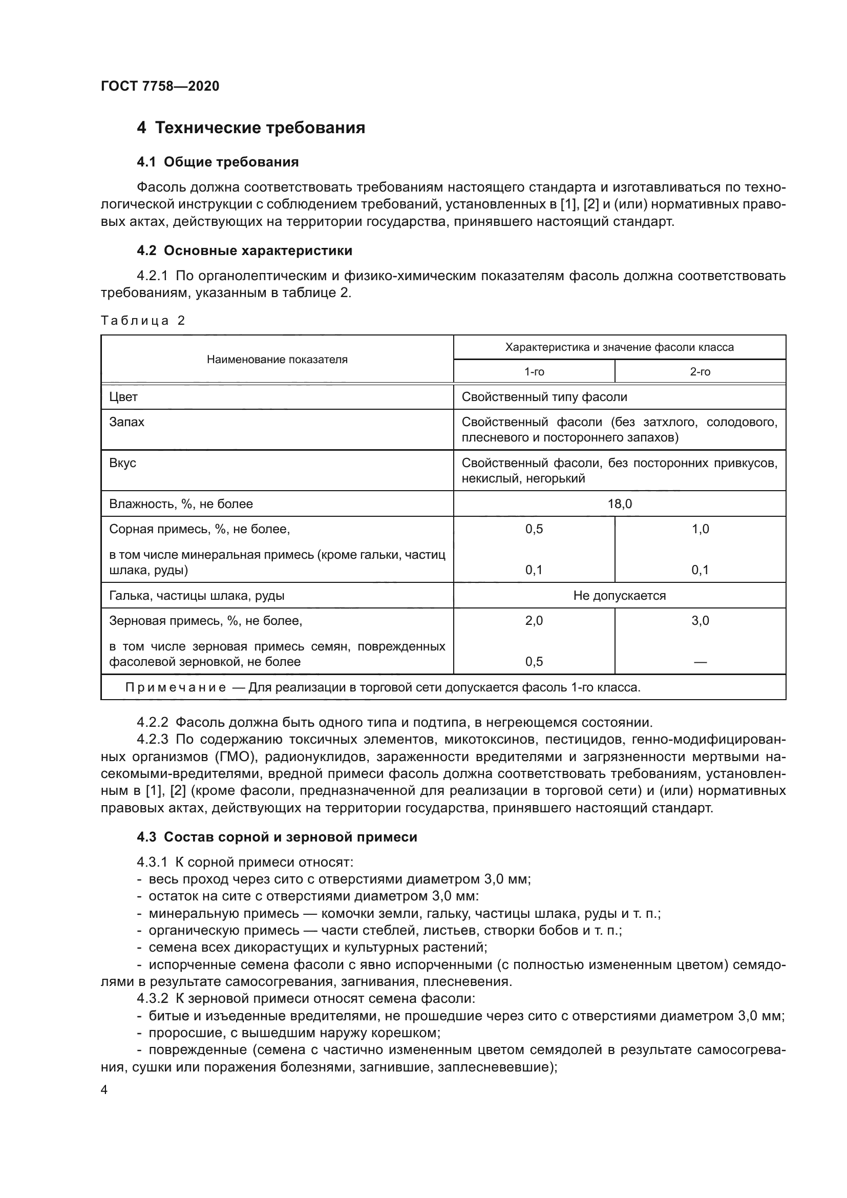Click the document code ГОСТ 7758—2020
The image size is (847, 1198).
coord(160,86)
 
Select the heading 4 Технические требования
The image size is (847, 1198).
coord(251,128)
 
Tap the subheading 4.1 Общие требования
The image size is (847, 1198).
coord(218,162)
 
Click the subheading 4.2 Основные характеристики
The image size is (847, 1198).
coord(244,251)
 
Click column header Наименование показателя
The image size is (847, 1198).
coord(277,360)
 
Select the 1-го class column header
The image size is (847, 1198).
coord(534,371)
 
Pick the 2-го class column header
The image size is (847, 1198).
coord(700,371)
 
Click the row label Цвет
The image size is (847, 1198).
coord(123,397)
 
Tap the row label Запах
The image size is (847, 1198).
coord(126,422)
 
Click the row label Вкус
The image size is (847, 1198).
coord(122,464)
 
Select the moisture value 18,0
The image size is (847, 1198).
coord(620,504)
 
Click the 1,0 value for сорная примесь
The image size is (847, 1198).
coord(700,529)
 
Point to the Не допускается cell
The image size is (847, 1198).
coord(620,596)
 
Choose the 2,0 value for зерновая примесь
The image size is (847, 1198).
coord(534,621)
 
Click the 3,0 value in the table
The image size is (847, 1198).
coord(700,621)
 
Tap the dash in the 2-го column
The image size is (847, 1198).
coord(700,662)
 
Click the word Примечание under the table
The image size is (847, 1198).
coord(176,688)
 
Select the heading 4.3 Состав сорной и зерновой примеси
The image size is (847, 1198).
coord(277,837)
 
